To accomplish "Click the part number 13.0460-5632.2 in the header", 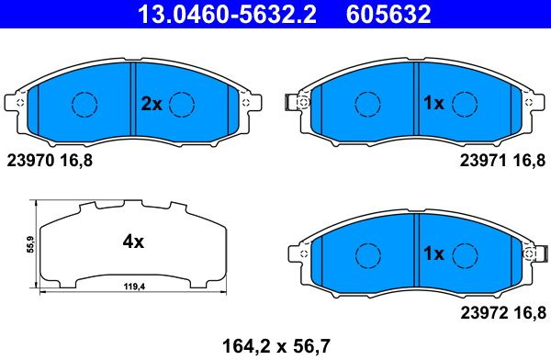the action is coord(227,15).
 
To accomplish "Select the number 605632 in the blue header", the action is coord(388,15).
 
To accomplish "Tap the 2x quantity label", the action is coord(152,104).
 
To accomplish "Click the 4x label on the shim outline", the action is coord(133,242).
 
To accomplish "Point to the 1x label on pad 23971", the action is coord(433,103).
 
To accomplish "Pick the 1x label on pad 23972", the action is coord(433,253).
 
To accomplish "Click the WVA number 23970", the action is coord(30,161).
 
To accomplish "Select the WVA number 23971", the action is coord(484,161).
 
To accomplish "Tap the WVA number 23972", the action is coord(484,312).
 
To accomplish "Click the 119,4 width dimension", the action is coord(134,287).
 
